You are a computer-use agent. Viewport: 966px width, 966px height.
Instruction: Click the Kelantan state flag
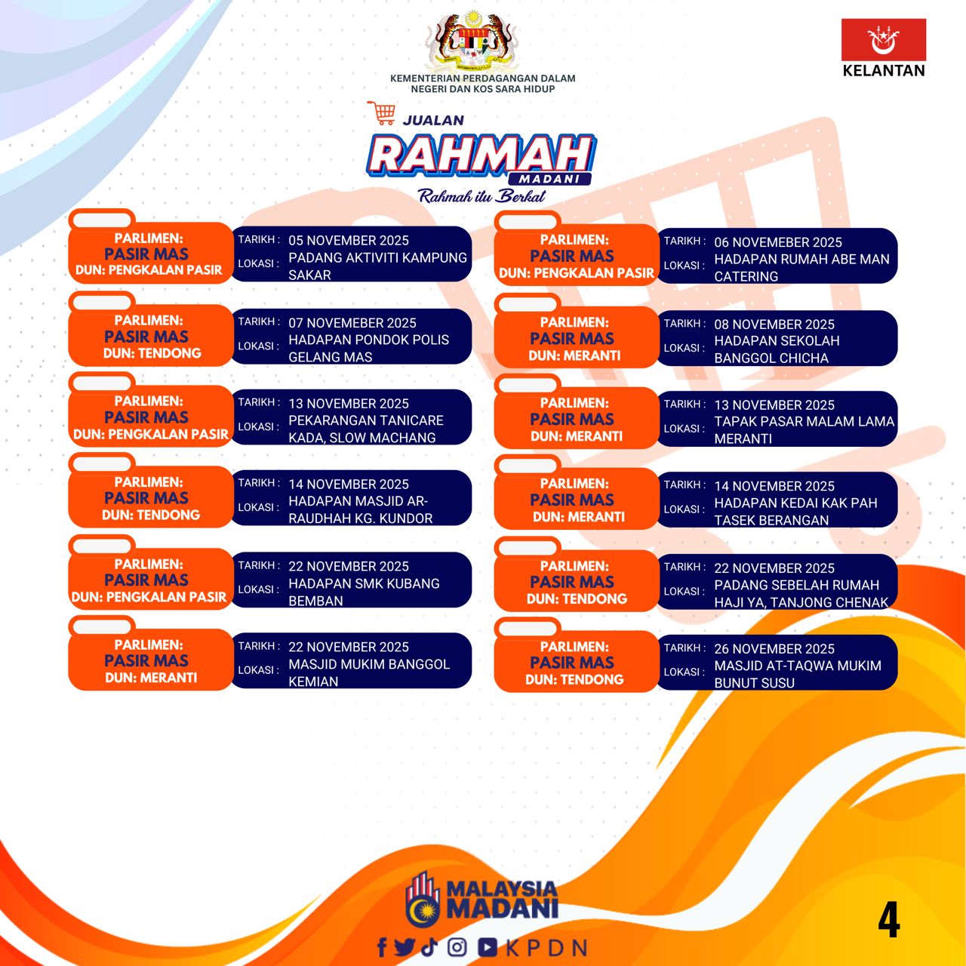coord(883,39)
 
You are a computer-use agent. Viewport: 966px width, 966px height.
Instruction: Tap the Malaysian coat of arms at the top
coord(471,42)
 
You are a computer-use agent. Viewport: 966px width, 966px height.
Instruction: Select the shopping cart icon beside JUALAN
coord(382,112)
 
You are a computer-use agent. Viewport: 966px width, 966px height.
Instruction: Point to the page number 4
coord(889,920)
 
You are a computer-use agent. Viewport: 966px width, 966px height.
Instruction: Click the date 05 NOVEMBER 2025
coord(349,241)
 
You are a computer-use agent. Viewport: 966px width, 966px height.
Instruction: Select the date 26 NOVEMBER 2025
coord(774,649)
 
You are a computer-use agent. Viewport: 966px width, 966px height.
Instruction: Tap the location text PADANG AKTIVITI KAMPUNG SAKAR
coord(377,266)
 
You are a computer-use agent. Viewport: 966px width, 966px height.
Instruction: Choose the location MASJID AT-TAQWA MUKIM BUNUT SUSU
coord(798,674)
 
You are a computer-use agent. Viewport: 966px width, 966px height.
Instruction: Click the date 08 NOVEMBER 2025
coord(774,325)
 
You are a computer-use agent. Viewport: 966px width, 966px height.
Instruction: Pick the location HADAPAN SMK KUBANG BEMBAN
coord(364,592)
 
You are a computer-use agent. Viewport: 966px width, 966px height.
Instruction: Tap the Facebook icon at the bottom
coord(382,947)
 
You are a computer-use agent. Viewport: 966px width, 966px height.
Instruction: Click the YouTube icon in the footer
coord(488,947)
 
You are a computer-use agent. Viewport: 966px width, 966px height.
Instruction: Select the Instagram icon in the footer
coord(457,947)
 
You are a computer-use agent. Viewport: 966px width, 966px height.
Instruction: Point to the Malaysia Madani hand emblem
coord(423,900)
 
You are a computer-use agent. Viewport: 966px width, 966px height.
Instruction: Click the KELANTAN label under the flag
coord(883,71)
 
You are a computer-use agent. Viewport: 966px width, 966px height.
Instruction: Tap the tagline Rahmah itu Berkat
coord(481,196)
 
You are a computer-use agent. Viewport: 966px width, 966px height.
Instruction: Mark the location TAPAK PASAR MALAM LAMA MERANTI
coord(804,430)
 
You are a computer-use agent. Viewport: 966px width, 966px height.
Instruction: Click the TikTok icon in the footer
coord(429,947)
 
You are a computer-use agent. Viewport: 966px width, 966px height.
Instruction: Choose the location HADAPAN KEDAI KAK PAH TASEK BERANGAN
coord(795,512)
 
